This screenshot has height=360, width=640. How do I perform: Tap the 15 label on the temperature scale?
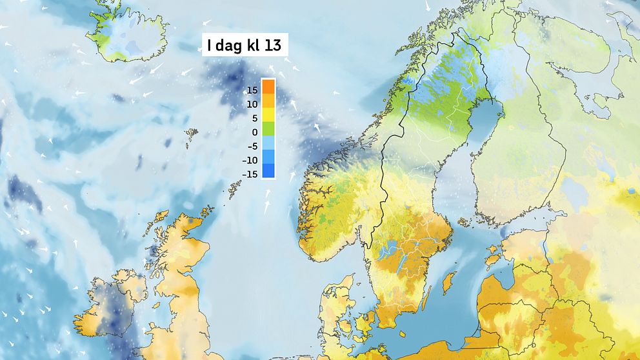coord(252,90)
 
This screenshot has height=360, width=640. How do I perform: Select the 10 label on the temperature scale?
coord(252,105)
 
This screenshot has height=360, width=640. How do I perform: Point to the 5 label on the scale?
coord(255,118)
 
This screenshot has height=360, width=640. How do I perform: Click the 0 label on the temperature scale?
coord(255,132)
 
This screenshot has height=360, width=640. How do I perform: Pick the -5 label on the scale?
coord(253,146)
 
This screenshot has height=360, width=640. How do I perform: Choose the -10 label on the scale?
coord(251,160)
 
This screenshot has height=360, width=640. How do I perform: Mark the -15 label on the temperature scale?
coord(251,174)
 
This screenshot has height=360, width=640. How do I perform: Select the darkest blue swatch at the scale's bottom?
coord(269,171)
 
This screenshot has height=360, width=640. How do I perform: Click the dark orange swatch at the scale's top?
coord(269,86)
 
